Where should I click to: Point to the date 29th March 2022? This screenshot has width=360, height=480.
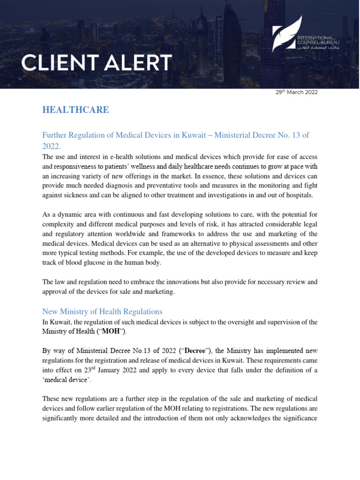pos(297,92)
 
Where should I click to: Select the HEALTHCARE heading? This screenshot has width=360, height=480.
pos(75,110)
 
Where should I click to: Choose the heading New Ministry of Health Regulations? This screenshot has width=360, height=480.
pos(102,311)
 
